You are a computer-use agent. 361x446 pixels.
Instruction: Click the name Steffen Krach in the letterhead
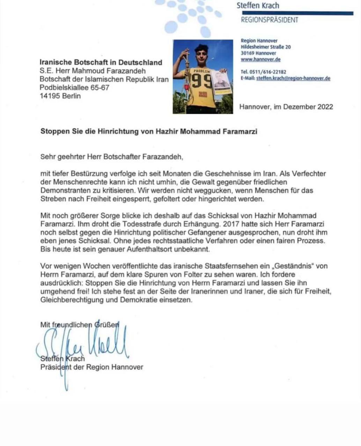coord(258,6)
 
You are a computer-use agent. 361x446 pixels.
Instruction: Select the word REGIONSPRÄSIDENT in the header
coord(270,20)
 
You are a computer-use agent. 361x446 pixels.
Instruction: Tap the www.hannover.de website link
coord(260,60)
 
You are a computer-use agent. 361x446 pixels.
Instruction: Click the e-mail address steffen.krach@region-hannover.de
coord(293,78)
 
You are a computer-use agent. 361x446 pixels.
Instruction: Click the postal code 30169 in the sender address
coord(248,53)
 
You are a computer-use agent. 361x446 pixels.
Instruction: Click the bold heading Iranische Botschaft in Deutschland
coord(101,62)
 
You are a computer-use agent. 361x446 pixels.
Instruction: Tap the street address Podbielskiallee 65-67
coord(74,87)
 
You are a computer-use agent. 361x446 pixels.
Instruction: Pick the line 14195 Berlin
coord(60,96)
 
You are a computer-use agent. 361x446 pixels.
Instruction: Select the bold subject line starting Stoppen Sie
coord(149,131)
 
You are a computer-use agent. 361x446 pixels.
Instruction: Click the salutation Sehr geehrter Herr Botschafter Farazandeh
coord(112,157)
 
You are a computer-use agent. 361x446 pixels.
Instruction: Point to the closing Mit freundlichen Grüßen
coord(80,325)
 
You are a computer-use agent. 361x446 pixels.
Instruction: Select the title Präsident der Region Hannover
coord(92,367)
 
